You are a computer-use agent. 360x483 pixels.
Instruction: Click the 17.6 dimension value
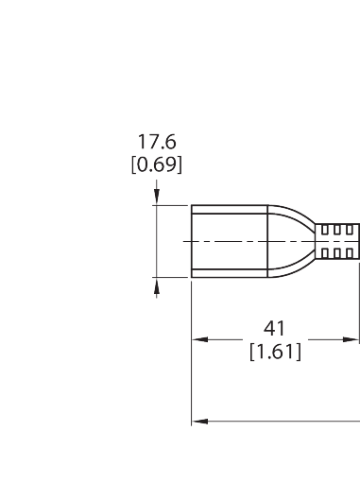(x=157, y=142)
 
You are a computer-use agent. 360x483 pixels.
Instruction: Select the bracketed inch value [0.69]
(x=157, y=164)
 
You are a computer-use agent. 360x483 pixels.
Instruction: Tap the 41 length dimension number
(x=274, y=329)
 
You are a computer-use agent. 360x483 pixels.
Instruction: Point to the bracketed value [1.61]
(x=275, y=352)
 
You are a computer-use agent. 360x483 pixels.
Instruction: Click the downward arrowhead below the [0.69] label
(x=157, y=196)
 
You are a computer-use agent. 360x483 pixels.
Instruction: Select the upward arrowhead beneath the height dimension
(x=157, y=286)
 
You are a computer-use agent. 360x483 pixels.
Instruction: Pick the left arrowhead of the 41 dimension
(x=200, y=339)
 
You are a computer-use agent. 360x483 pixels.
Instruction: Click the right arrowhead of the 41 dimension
(x=351, y=339)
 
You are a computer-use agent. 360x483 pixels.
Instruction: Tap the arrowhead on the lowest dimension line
(x=200, y=422)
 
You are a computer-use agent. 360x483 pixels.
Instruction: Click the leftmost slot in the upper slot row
(x=325, y=231)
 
